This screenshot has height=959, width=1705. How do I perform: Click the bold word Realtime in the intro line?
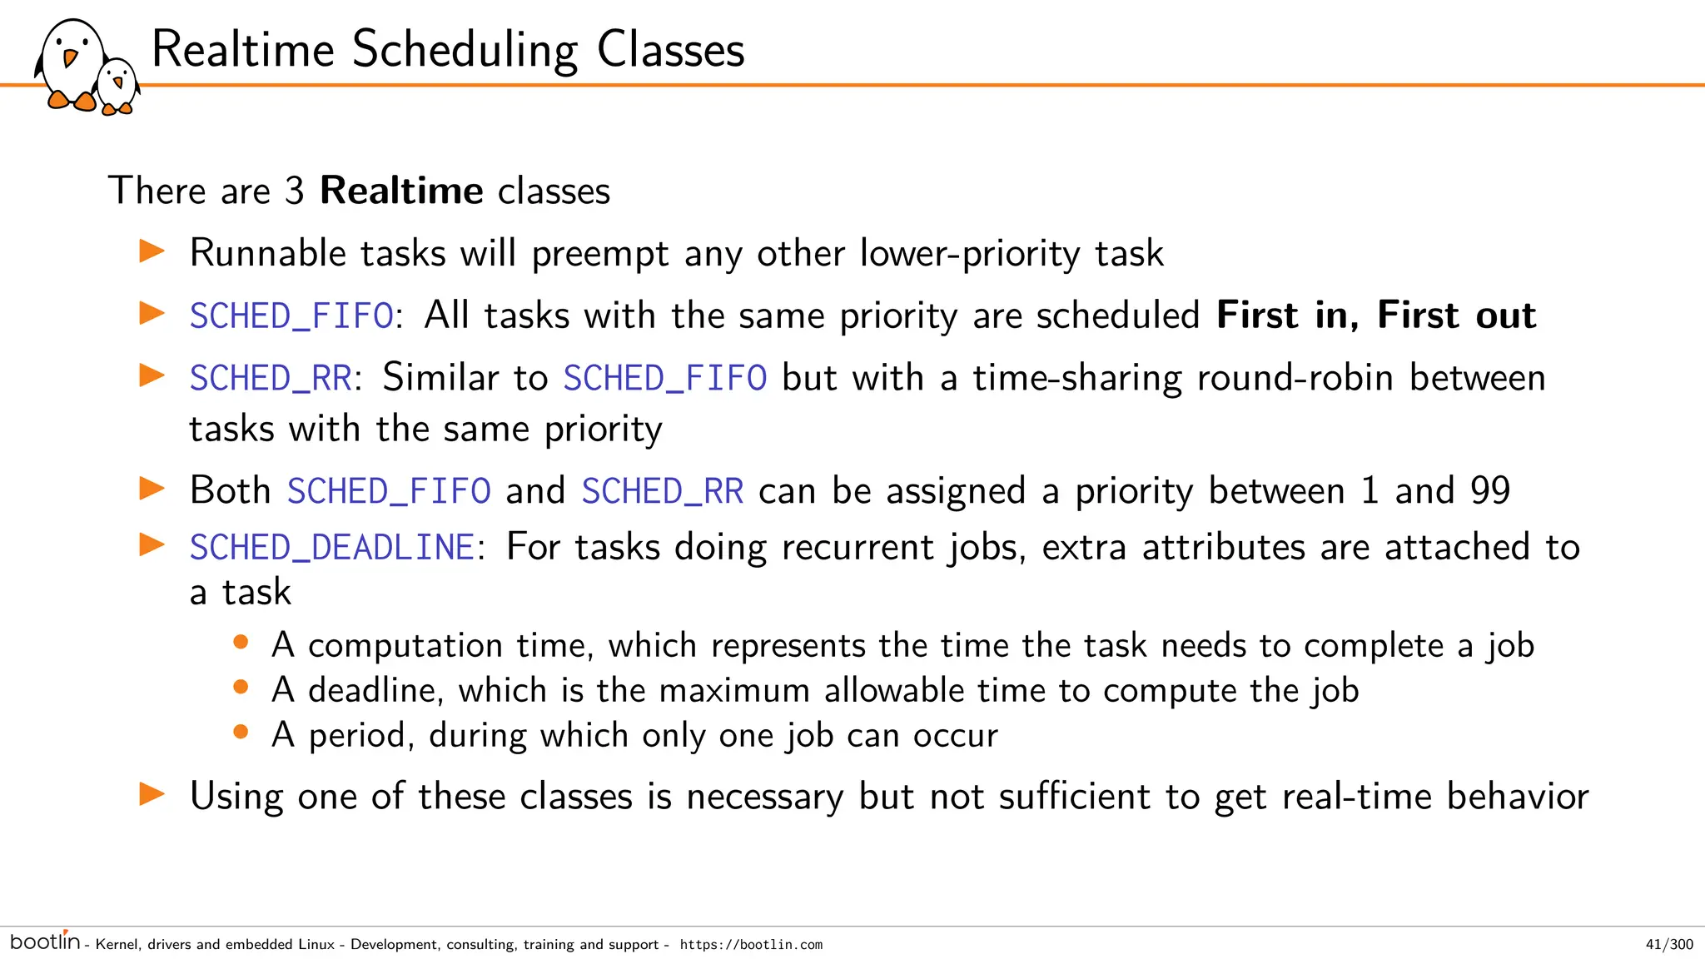(x=401, y=191)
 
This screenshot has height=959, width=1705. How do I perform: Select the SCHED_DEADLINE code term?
(x=332, y=548)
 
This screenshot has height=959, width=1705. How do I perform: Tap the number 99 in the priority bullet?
(x=1489, y=490)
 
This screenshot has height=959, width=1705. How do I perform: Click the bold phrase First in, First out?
(x=1375, y=316)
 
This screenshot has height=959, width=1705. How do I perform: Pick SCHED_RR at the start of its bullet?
(x=271, y=378)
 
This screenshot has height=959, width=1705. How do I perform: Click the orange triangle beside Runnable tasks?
(x=152, y=251)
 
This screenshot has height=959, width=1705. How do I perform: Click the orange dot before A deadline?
(x=241, y=687)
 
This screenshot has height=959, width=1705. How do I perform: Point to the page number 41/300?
(x=1669, y=944)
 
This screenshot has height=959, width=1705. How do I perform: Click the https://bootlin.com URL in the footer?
(x=751, y=944)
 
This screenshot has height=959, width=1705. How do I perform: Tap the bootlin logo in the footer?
(x=45, y=942)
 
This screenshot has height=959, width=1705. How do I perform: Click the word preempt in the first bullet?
(x=599, y=254)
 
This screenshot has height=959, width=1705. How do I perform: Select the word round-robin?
(x=1295, y=378)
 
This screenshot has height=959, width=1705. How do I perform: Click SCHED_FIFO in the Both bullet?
(x=389, y=490)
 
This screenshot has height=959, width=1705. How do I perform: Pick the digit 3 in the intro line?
(x=294, y=191)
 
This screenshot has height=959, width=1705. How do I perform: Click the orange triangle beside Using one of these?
(x=152, y=793)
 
